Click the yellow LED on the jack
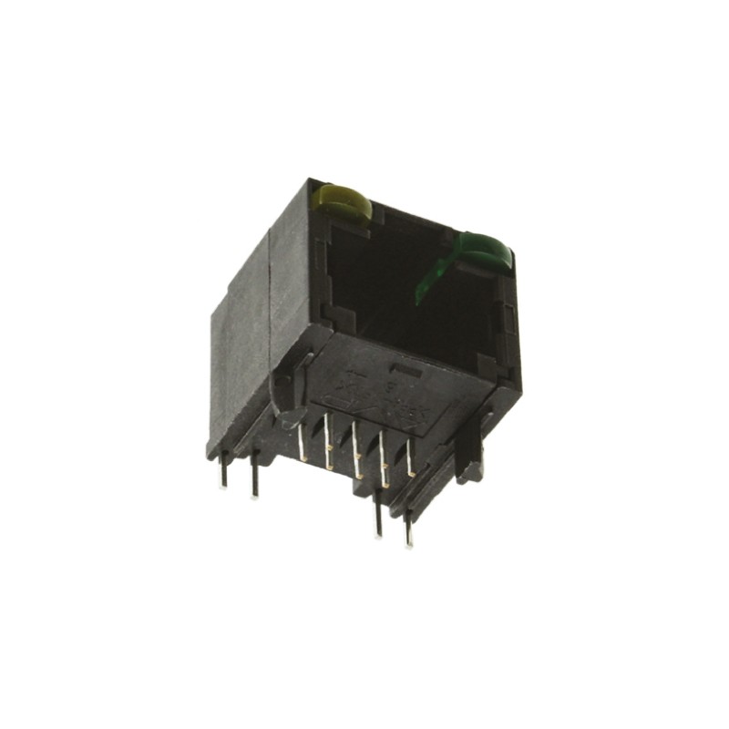[x=343, y=202]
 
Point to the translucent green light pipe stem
[x=434, y=277]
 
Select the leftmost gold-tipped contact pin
[x=300, y=438]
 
